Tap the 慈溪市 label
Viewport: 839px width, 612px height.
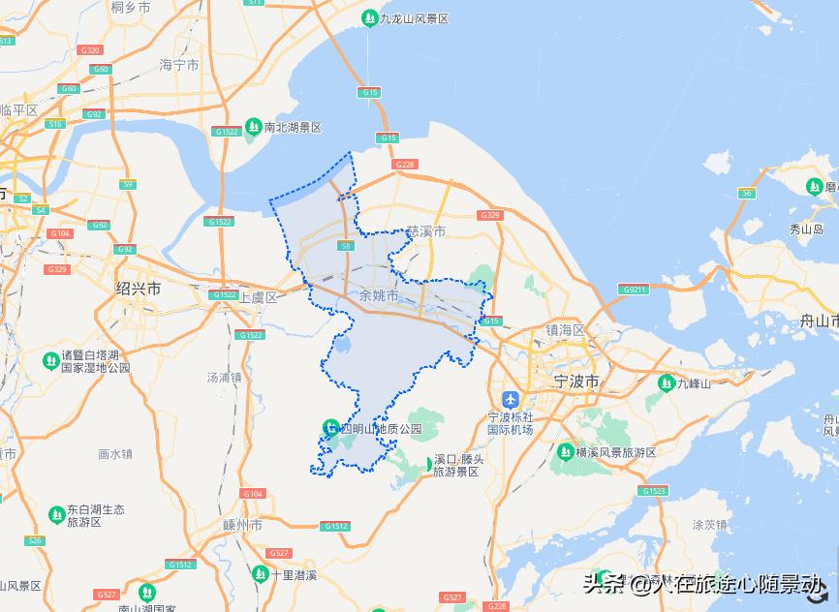[x=426, y=232]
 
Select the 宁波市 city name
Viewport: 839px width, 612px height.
[x=576, y=382]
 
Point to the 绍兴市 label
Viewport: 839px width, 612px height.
[x=139, y=289]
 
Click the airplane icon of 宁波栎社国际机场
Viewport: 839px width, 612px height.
[x=511, y=399]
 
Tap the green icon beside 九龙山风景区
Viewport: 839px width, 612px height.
[x=369, y=18]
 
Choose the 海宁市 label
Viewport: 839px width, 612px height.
[x=179, y=65]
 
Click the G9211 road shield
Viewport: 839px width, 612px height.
[x=636, y=289]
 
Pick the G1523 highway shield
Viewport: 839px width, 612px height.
[x=654, y=491]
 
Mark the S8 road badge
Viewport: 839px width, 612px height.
[x=346, y=246]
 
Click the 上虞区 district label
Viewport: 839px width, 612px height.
[x=259, y=297]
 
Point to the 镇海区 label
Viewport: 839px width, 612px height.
[x=565, y=330]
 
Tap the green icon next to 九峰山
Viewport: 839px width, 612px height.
[x=666, y=383]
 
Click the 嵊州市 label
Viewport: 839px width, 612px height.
[x=243, y=525]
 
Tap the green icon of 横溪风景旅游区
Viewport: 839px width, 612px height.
[x=565, y=452]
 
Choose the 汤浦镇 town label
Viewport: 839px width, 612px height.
[x=224, y=377]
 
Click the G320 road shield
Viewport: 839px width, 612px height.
[x=90, y=49]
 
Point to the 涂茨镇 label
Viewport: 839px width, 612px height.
[x=709, y=524]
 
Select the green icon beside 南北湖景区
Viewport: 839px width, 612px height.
[x=253, y=127]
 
